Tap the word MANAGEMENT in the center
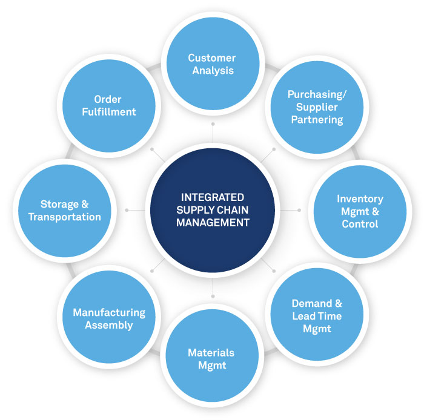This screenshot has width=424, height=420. [213, 223]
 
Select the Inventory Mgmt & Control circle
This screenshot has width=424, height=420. [360, 211]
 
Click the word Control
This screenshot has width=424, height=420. [360, 224]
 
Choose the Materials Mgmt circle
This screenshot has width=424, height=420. [211, 358]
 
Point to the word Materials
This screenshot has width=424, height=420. [211, 352]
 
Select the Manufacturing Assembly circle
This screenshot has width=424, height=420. [109, 318]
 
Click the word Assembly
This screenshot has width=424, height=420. [109, 325]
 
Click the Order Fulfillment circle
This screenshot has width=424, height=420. [109, 105]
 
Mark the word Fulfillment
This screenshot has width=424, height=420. [109, 112]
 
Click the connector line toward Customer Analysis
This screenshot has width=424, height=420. [213, 133]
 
